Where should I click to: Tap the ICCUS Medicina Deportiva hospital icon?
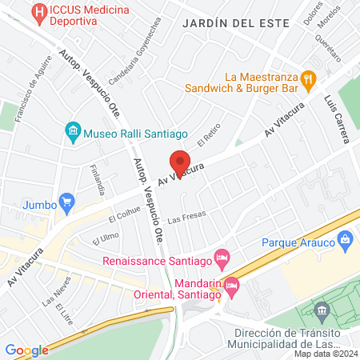click(x=38, y=14)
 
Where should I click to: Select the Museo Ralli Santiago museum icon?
click(x=73, y=130)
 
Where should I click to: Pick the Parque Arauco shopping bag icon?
click(x=346, y=238)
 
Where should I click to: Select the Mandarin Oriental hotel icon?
click(x=232, y=285)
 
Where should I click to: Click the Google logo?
click(x=26, y=350)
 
